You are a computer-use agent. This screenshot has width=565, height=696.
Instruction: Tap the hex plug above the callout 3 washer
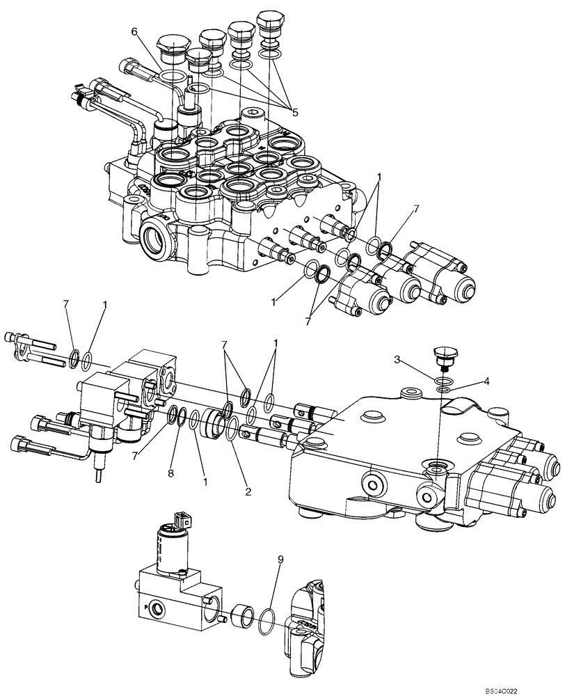[443, 355]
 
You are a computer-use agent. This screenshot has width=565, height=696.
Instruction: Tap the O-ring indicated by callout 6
[170, 74]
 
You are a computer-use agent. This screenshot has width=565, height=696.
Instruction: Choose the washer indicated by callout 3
[443, 380]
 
